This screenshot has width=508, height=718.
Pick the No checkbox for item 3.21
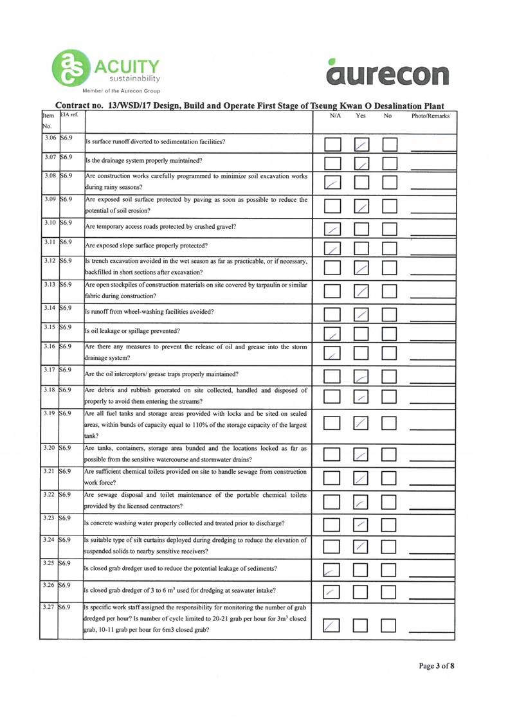394,478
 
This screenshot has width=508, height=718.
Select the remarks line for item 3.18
431,400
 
